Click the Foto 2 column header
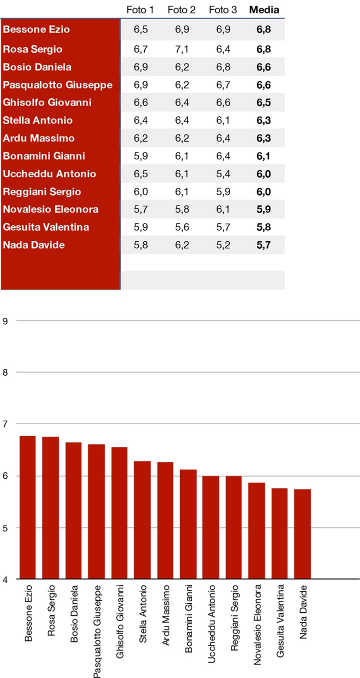[180, 10]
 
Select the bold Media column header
[264, 10]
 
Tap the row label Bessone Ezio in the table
[36, 30]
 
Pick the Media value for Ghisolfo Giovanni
[263, 103]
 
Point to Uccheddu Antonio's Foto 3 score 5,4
[222, 174]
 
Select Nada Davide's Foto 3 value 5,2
[222, 245]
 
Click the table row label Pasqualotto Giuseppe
[57, 85]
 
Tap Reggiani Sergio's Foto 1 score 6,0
[140, 192]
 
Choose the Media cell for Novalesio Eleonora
[263, 210]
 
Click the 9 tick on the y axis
[5, 320]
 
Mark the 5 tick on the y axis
[5, 528]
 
